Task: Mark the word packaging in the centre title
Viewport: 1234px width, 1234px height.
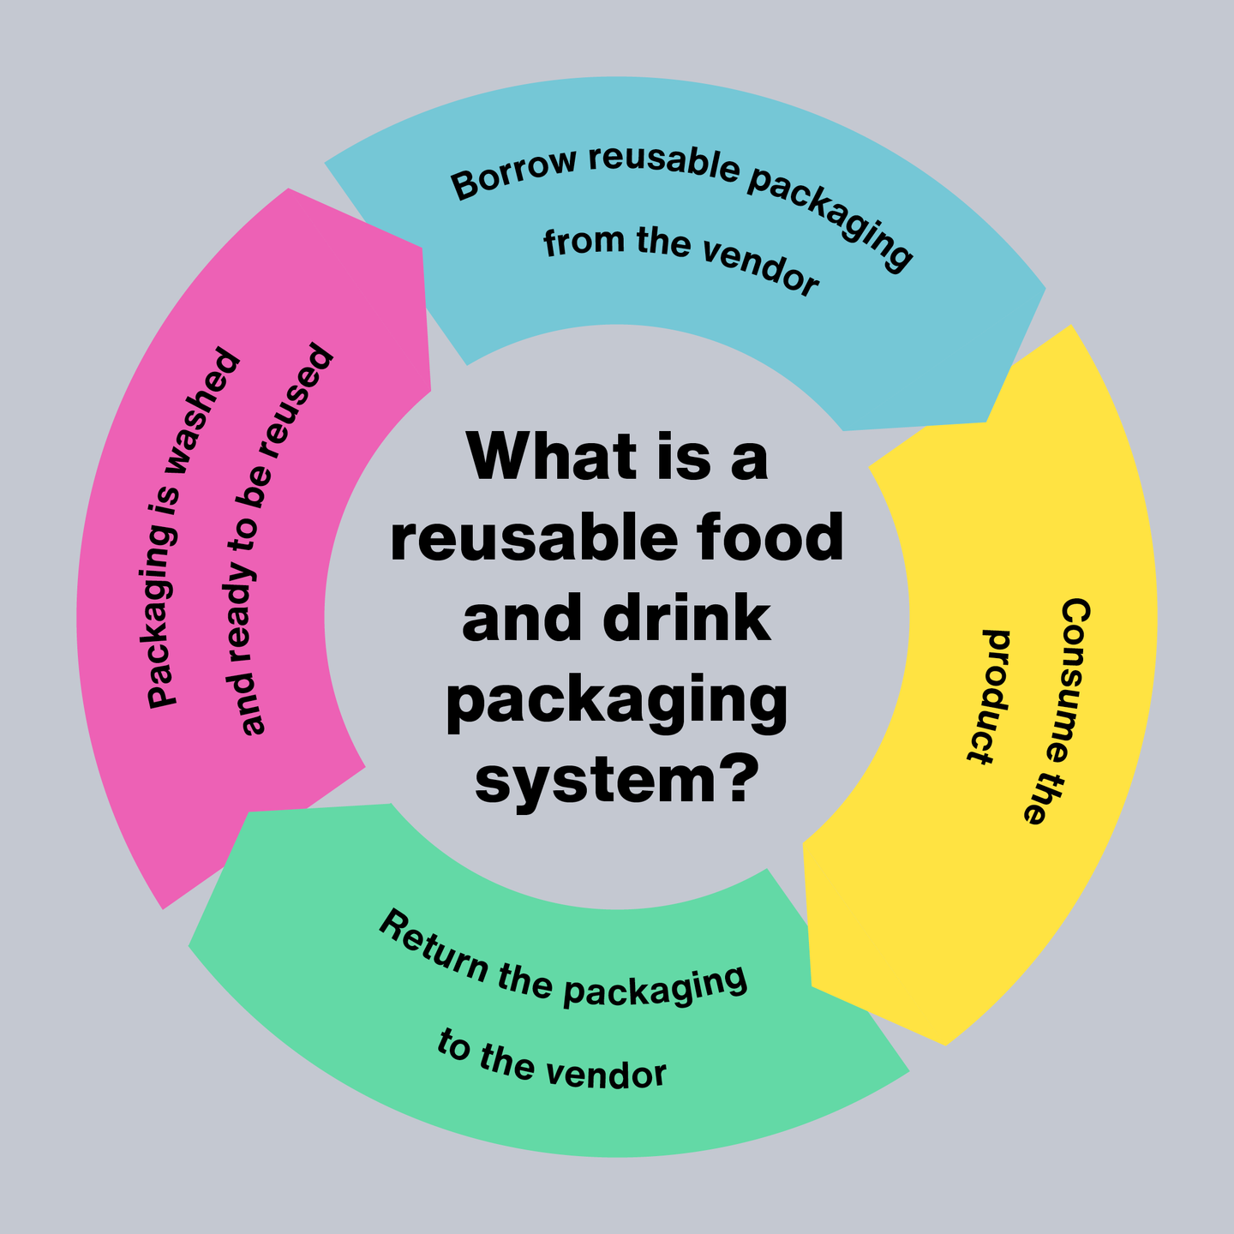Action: (x=617, y=703)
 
